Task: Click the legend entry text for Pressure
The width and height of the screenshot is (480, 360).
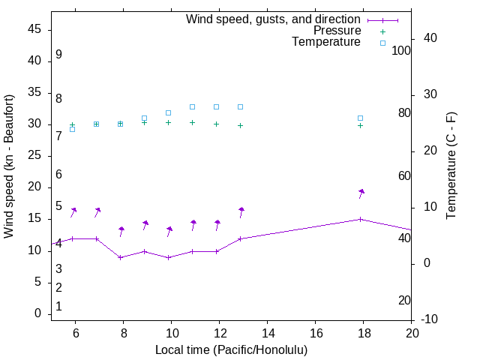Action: [x=337, y=31]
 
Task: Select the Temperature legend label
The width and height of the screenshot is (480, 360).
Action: [x=326, y=42]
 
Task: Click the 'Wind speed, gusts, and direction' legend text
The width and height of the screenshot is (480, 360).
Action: [x=274, y=19]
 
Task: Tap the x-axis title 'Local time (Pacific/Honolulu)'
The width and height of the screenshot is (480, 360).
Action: [x=231, y=349]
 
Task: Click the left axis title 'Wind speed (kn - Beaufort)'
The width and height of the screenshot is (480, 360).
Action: [x=9, y=166]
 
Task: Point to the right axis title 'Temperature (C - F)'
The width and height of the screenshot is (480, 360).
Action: [x=451, y=166]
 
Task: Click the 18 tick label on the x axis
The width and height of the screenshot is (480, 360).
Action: [x=364, y=332]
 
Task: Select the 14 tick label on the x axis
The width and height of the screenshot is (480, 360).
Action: [x=268, y=332]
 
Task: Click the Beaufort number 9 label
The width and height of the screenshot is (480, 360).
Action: [x=58, y=55]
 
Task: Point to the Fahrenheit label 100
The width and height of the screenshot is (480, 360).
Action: [x=402, y=50]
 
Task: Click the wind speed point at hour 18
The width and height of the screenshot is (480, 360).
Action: [x=360, y=219]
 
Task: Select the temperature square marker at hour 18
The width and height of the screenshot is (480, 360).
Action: [x=360, y=118]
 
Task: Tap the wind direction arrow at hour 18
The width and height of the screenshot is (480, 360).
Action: [x=361, y=193]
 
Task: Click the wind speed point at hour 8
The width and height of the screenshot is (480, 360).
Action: [x=120, y=257]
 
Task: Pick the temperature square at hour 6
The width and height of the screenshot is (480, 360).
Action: [x=72, y=129]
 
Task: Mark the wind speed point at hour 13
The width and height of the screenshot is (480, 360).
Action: [x=240, y=238]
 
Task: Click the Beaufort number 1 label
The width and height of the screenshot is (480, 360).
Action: [x=58, y=307]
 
